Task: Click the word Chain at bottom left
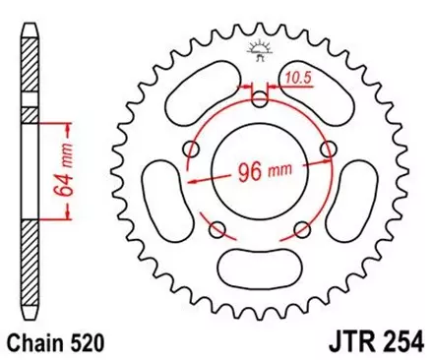(33, 342)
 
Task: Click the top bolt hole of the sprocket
(260, 97)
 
